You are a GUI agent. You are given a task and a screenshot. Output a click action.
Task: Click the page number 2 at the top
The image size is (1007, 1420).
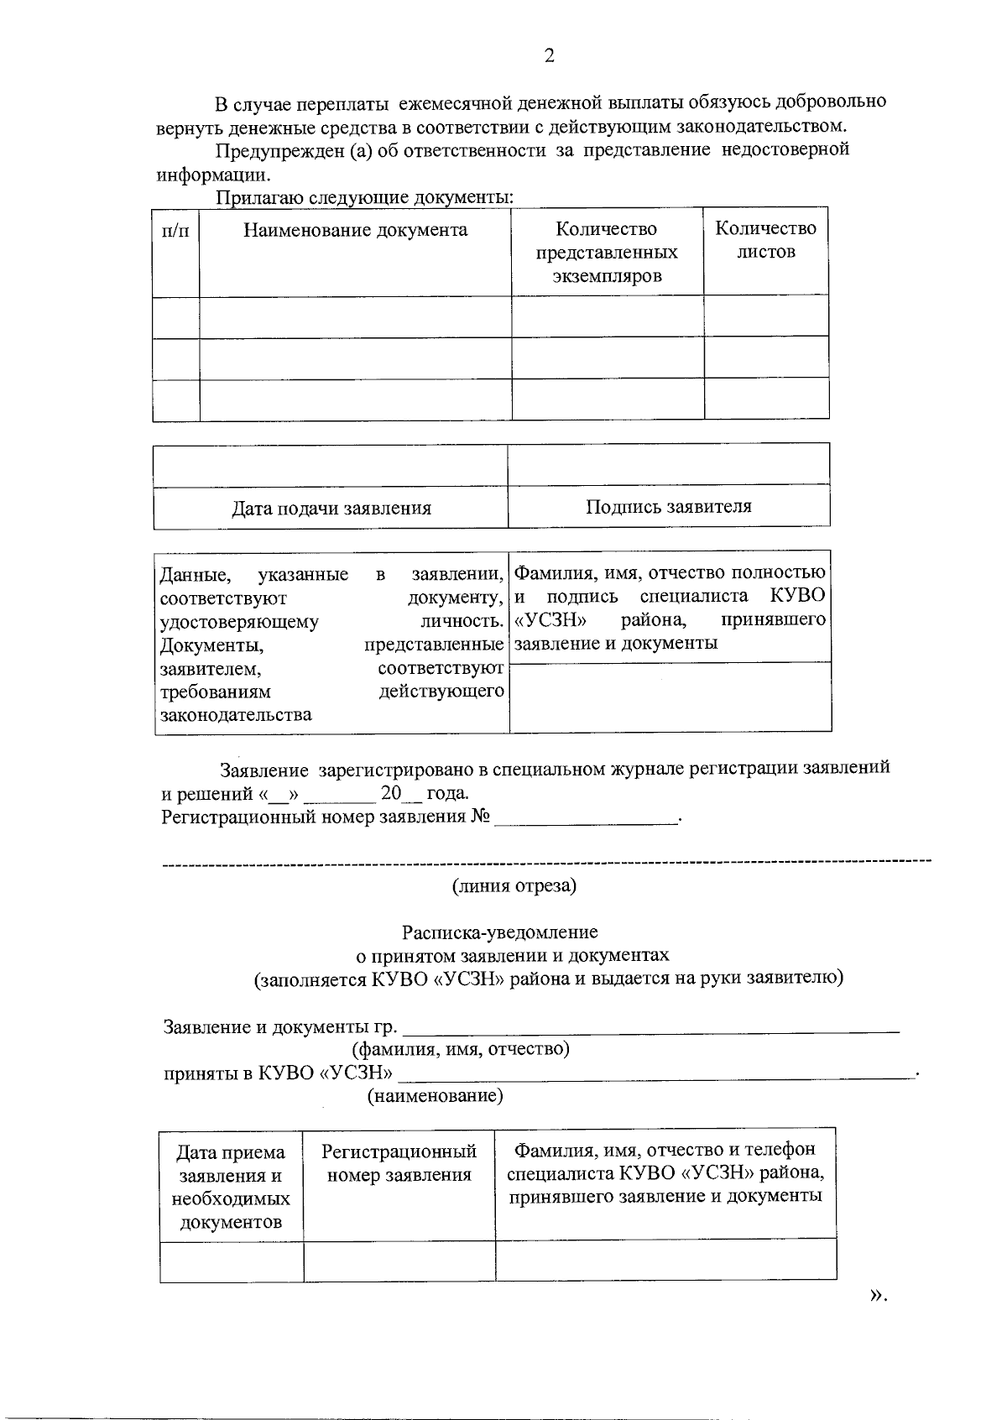[x=549, y=56]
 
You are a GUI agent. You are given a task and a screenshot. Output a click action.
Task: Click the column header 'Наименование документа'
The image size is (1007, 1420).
[x=355, y=231]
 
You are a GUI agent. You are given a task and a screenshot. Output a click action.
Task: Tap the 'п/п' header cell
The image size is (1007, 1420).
[x=175, y=231]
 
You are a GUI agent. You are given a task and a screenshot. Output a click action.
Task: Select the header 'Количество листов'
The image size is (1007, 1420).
[x=765, y=240]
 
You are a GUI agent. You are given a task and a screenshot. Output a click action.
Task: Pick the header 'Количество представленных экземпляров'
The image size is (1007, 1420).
[x=606, y=252]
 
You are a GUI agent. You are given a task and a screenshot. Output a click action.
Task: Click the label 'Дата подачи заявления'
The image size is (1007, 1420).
[x=331, y=509]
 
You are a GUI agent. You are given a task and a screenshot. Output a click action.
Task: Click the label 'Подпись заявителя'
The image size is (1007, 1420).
[x=668, y=507]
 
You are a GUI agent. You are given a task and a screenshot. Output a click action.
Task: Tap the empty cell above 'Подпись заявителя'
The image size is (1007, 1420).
[x=668, y=464]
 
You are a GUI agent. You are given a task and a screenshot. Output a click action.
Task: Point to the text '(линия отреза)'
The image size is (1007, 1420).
[x=514, y=885]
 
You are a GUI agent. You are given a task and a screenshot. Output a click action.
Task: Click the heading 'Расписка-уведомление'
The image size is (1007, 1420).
[x=499, y=932]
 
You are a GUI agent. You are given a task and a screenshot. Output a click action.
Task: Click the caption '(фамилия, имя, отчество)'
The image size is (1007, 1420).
[x=461, y=1049]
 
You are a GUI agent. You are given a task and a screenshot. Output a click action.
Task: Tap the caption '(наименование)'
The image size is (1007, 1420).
[x=436, y=1096]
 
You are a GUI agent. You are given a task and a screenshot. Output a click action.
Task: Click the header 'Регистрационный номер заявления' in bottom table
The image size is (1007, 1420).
[x=399, y=1163]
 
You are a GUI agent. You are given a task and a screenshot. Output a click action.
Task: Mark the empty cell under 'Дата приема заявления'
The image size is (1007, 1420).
[x=232, y=1261]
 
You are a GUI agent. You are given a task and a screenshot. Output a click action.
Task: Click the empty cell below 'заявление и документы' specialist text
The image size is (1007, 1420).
[x=670, y=697]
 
